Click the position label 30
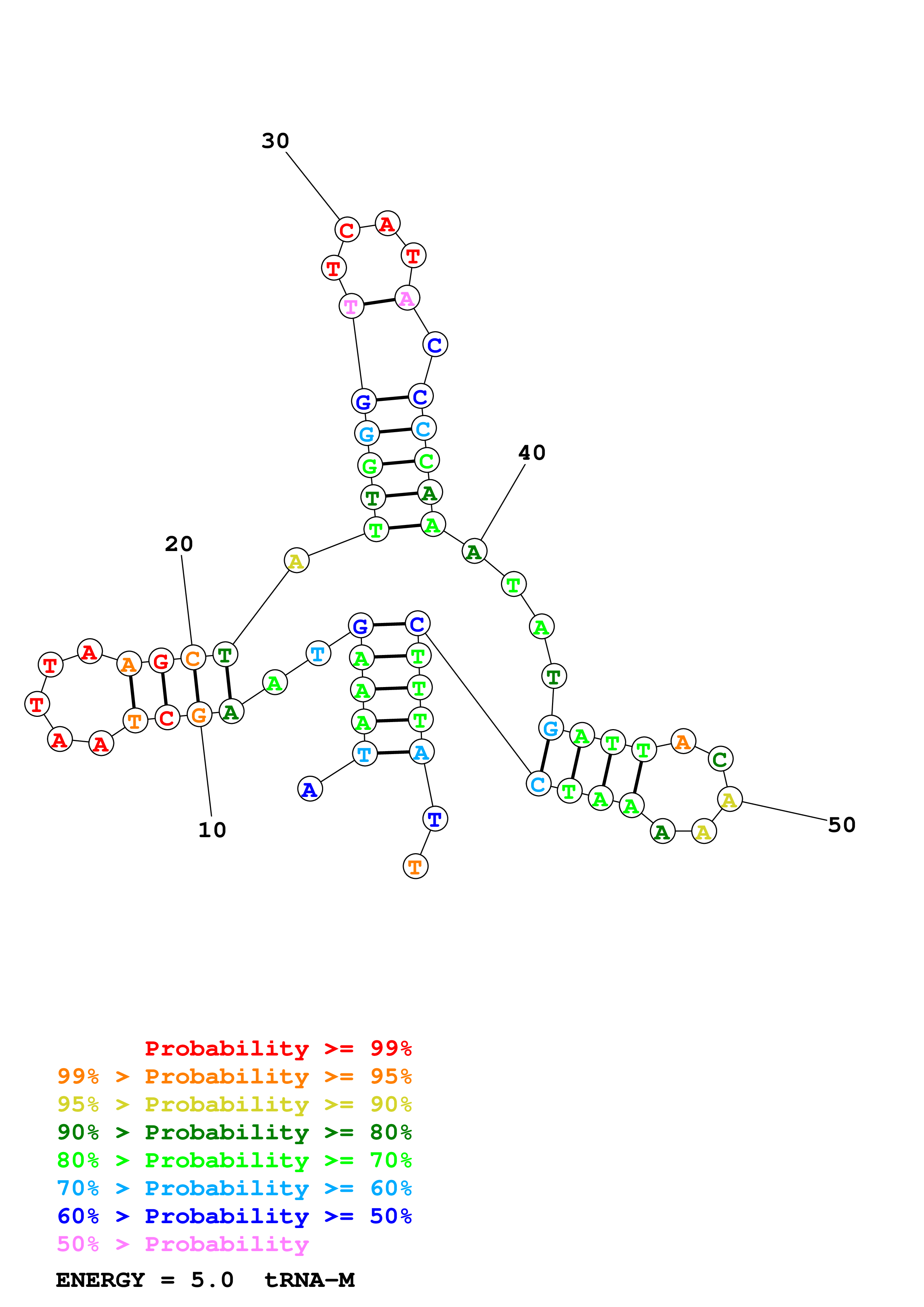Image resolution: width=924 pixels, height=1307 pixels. (275, 140)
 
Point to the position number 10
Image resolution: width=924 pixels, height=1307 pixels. (212, 830)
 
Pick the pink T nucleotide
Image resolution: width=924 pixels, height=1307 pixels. (351, 306)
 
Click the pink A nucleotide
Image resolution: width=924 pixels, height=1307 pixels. (407, 298)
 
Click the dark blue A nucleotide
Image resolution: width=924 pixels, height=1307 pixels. (310, 789)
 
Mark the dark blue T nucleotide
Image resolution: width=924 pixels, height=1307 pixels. (435, 819)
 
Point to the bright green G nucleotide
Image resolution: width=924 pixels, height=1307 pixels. (369, 466)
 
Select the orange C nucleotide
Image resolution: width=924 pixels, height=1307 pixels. (193, 658)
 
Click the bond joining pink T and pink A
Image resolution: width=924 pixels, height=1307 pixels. (379, 302)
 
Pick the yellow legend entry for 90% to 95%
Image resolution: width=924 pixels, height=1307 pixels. (234, 1104)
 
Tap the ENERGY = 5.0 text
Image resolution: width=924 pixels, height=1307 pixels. (145, 1280)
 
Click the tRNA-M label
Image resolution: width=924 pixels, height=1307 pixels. (309, 1280)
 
